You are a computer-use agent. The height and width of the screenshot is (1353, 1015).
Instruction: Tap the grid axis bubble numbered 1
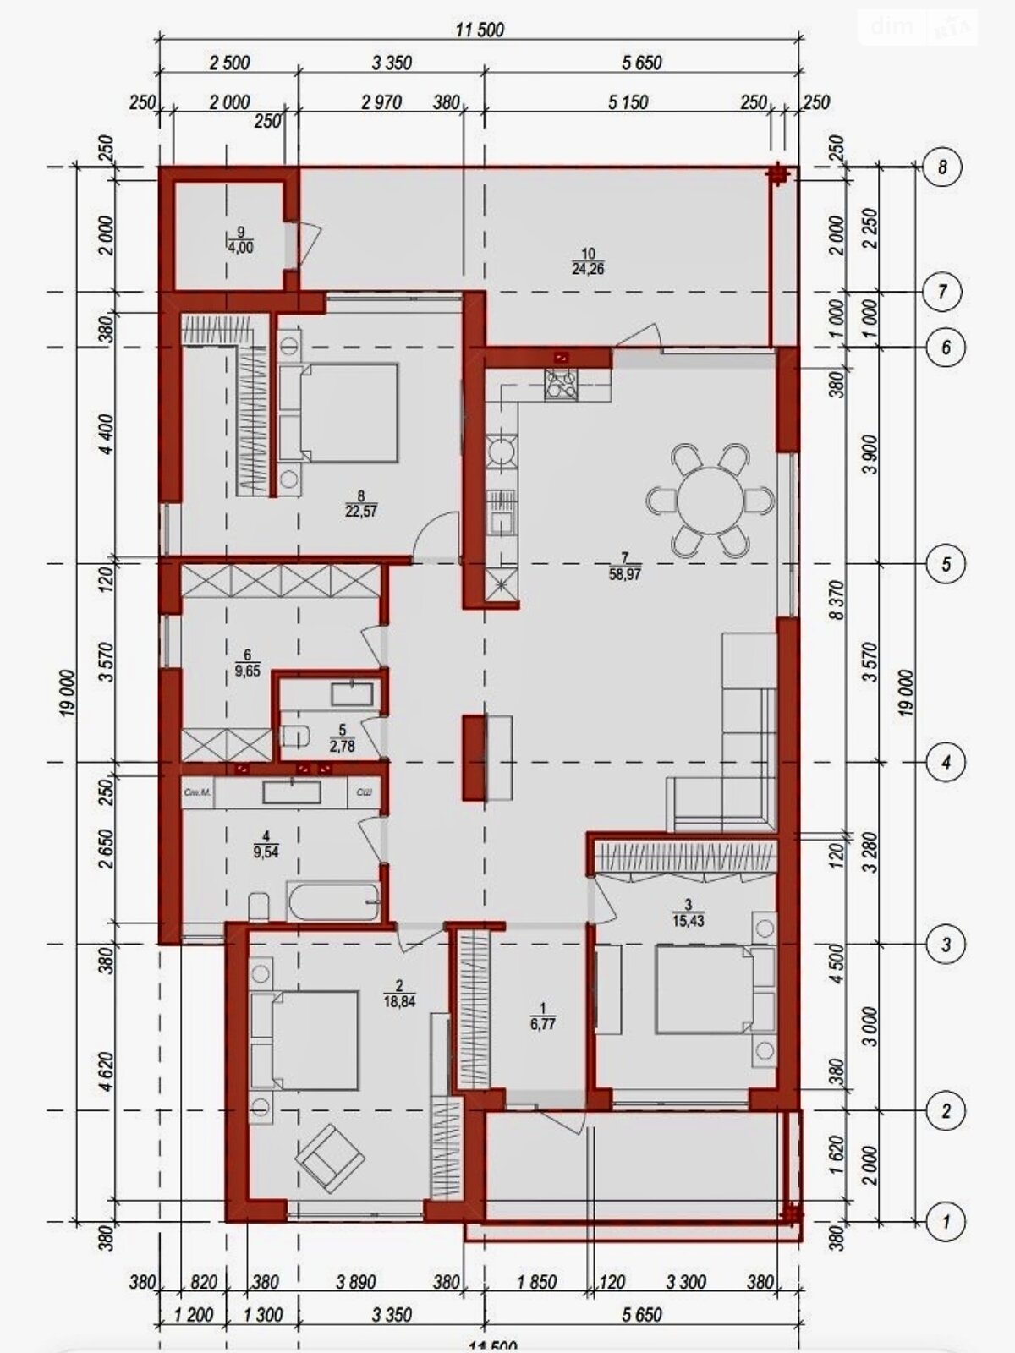coord(945,1221)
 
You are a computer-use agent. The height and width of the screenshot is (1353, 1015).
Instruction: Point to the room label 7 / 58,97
coord(626,565)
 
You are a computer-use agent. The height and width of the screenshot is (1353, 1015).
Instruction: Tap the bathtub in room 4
coord(333,902)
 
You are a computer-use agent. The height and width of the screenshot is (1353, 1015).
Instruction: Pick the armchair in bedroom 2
coord(330,1155)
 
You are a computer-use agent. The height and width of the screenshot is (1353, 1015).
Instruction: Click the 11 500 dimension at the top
coord(480,30)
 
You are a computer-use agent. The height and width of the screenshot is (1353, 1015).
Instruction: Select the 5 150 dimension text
coord(628,102)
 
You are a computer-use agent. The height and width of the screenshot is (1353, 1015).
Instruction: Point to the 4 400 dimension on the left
coord(107,435)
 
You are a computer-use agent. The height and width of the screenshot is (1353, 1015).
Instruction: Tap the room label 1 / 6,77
coord(543,1016)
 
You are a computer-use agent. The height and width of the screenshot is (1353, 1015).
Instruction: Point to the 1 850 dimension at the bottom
coord(536,1283)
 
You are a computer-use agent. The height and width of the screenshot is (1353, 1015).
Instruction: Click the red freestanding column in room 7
coord(474,757)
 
